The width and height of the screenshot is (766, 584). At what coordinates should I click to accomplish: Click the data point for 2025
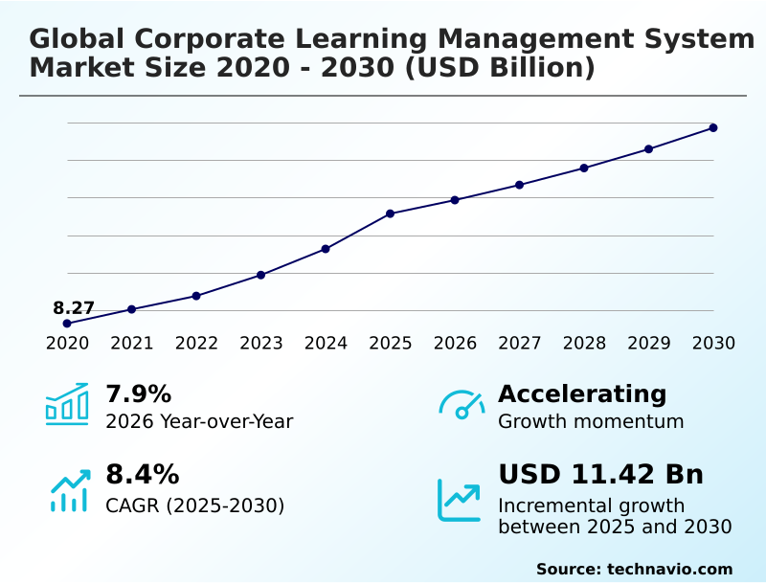coord(391,213)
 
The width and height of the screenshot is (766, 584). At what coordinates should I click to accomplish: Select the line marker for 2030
coord(713,127)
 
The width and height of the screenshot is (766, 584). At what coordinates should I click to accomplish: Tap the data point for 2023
coord(261,275)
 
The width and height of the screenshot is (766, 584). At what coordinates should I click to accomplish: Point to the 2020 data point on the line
coord(67,324)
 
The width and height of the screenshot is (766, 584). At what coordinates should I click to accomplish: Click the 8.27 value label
coord(74,308)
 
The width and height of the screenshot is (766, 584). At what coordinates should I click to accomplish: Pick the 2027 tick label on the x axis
coord(520,343)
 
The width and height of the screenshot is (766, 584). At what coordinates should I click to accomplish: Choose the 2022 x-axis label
coord(196,343)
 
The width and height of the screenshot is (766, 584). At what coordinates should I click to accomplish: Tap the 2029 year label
coord(648,343)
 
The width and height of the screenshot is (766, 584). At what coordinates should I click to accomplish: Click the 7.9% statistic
coord(138,393)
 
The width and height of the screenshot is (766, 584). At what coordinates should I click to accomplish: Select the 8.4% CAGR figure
coord(142,474)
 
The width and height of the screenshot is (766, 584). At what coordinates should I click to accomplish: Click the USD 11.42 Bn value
coord(600,474)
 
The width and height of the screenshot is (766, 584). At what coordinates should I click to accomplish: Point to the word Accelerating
coord(582,393)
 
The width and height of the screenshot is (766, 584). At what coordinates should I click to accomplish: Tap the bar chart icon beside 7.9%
coord(67,404)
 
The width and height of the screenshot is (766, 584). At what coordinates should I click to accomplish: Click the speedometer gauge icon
coord(462,404)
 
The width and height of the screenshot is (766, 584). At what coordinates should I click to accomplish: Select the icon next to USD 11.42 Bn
coord(460,499)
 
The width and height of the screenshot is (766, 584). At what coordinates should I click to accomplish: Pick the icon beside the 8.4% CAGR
coord(69,490)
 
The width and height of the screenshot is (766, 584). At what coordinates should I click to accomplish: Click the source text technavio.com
coord(669,569)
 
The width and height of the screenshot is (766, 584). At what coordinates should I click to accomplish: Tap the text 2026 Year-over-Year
coord(199,421)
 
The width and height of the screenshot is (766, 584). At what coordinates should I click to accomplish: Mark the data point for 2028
coord(584,168)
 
